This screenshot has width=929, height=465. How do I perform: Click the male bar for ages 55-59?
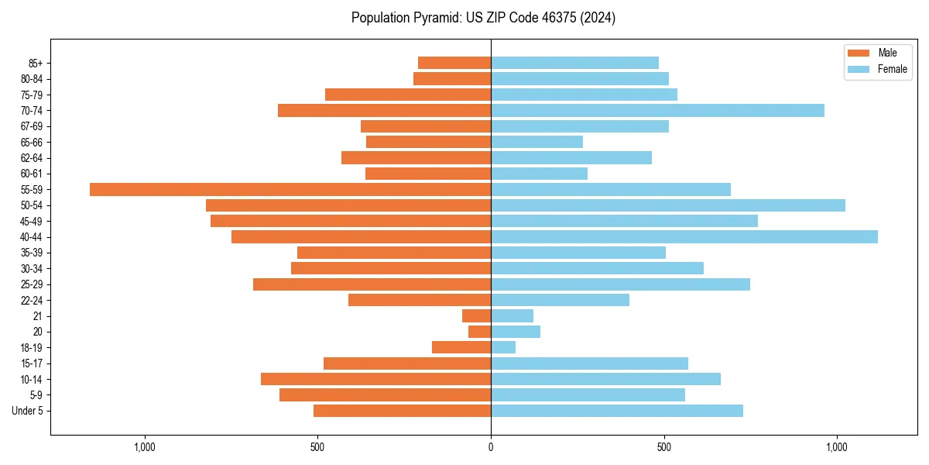(290, 189)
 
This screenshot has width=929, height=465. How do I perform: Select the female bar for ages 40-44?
(684, 236)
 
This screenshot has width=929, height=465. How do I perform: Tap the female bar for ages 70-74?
(657, 110)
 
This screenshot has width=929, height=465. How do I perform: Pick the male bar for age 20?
(480, 332)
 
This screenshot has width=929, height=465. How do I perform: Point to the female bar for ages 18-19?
(503, 347)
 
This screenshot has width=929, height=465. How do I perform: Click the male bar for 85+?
(454, 63)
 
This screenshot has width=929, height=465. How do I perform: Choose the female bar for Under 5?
(617, 411)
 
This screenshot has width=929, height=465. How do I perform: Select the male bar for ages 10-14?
(375, 379)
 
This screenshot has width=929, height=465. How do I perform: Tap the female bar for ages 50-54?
(668, 205)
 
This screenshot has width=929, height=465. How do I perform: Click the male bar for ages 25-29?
(372, 284)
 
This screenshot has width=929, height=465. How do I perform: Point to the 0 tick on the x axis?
(491, 447)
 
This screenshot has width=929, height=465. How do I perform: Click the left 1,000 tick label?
(145, 447)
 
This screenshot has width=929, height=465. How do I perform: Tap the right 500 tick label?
(663, 447)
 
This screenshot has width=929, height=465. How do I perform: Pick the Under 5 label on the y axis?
(27, 411)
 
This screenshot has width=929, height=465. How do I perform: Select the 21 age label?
(37, 316)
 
